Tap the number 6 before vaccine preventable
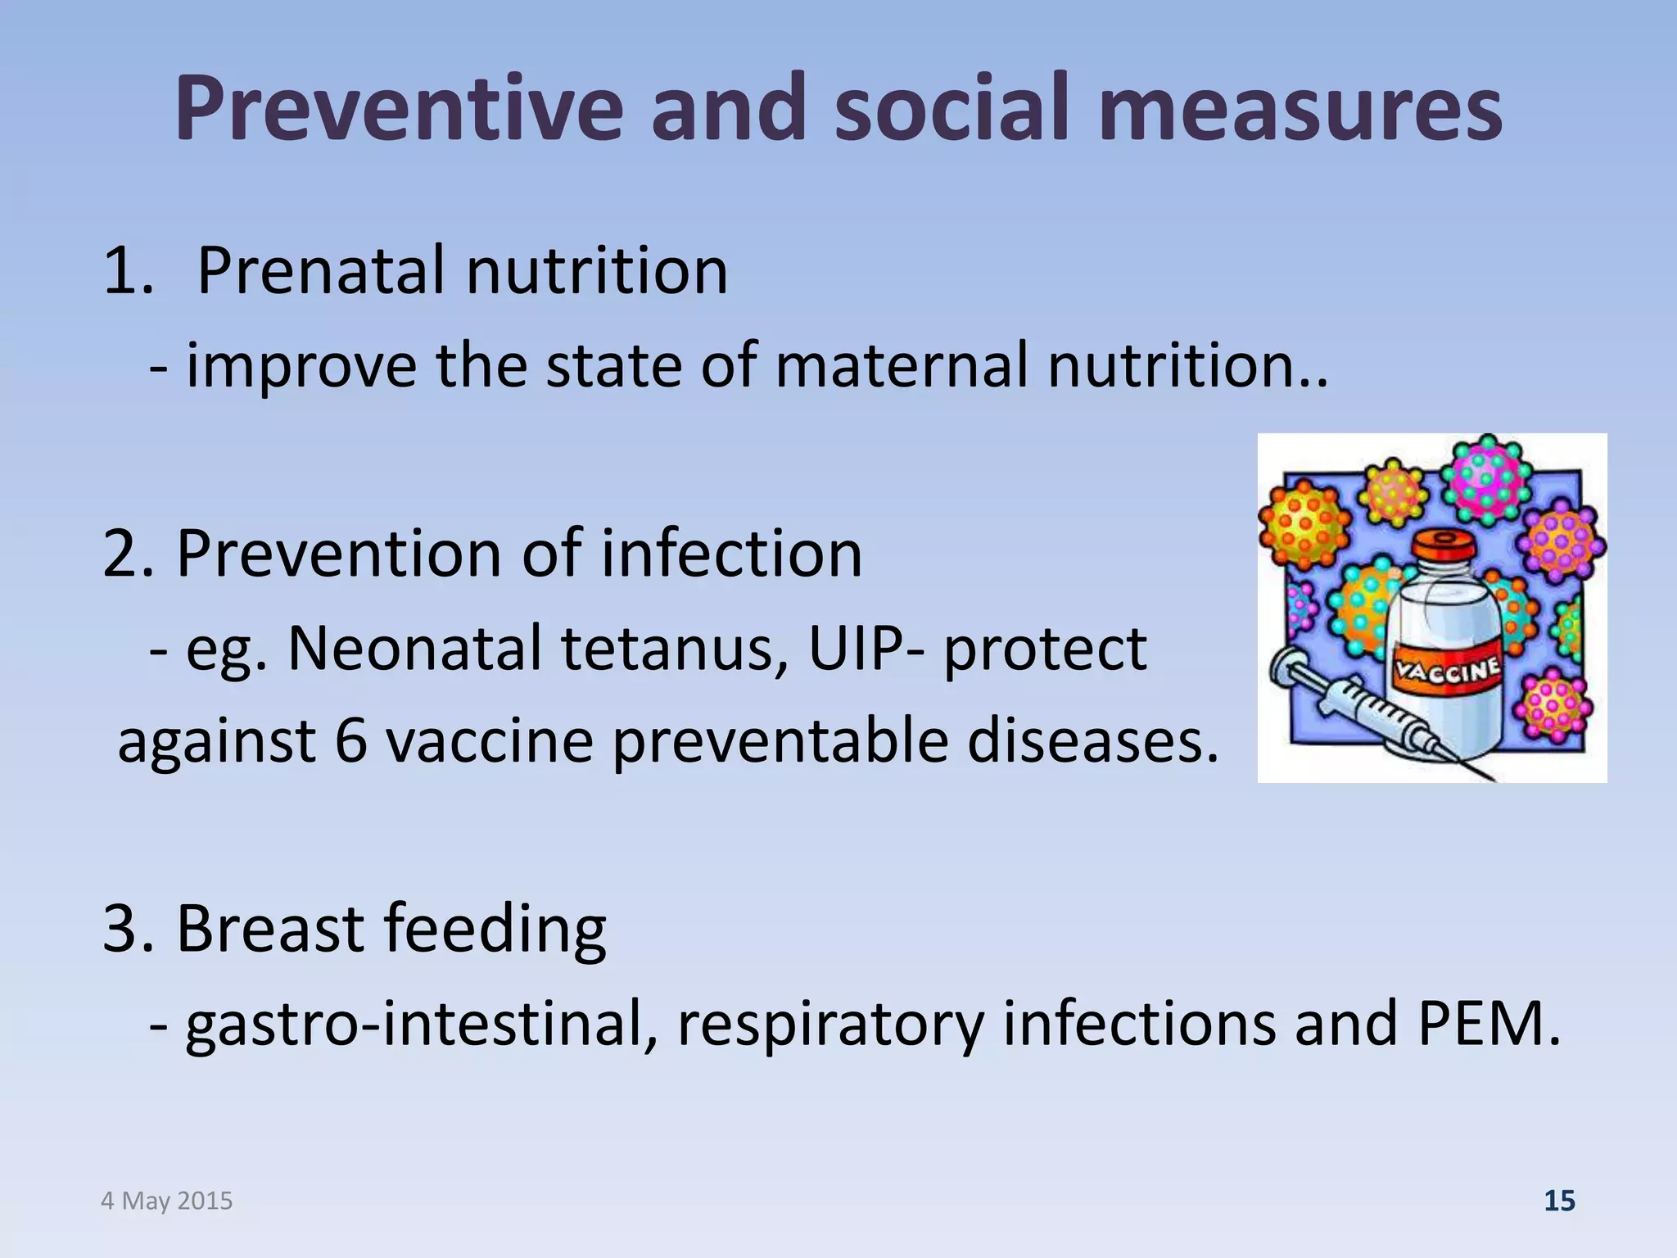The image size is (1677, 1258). [x=350, y=741]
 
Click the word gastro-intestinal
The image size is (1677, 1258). [x=421, y=1024]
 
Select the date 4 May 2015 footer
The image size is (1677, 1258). [x=167, y=1201]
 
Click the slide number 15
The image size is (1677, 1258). [x=1559, y=1201]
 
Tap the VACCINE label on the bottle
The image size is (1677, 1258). [x=1448, y=673]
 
